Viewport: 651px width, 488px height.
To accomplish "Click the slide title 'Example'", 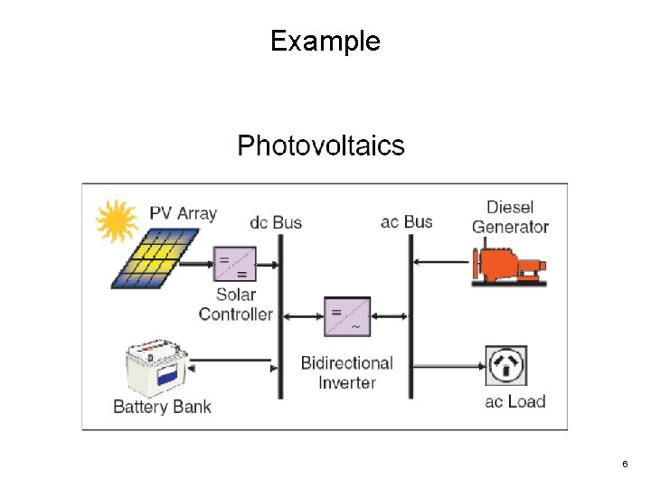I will click(325, 41).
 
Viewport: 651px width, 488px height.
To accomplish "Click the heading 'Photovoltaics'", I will click(321, 145).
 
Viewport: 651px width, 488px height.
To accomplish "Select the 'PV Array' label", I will click(184, 213).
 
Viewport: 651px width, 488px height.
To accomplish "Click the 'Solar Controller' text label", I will click(235, 305).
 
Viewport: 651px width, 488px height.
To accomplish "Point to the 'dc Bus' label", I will click(276, 221).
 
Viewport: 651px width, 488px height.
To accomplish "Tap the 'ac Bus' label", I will click(407, 221).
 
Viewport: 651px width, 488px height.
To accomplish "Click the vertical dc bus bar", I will click(278, 316).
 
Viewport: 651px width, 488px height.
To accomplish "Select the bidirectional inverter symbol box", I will click(346, 316).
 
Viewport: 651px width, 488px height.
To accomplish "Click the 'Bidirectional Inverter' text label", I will click(347, 372).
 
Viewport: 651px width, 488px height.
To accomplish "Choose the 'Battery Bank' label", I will click(162, 407).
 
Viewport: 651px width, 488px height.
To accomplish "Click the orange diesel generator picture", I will click(509, 263).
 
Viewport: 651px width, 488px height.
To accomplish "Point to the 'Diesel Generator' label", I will click(510, 217).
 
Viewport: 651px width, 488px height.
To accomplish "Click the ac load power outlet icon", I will click(506, 365).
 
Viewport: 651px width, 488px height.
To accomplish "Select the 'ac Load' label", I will click(515, 401).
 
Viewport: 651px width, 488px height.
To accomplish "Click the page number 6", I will click(625, 464).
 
